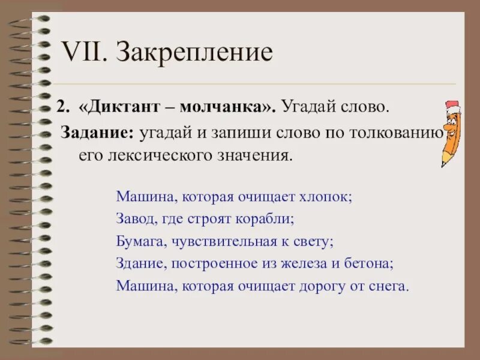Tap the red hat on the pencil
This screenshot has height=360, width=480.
click(453, 106)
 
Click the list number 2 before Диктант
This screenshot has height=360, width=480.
click(61, 108)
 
